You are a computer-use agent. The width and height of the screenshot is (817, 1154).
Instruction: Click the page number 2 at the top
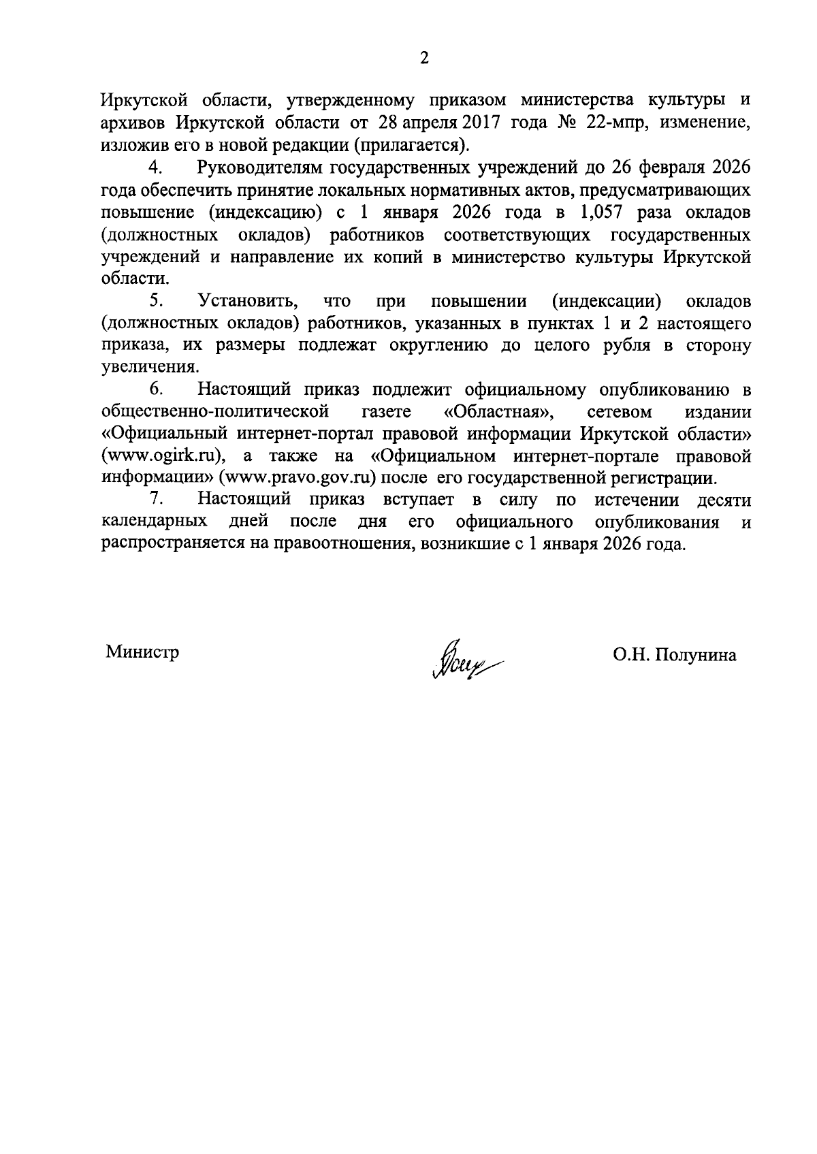coord(424,59)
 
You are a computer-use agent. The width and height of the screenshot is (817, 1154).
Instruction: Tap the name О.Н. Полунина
coord(674,655)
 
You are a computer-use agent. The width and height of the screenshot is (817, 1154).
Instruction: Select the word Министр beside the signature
coord(142,652)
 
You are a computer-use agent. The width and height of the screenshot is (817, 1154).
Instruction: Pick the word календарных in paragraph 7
coord(155,522)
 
